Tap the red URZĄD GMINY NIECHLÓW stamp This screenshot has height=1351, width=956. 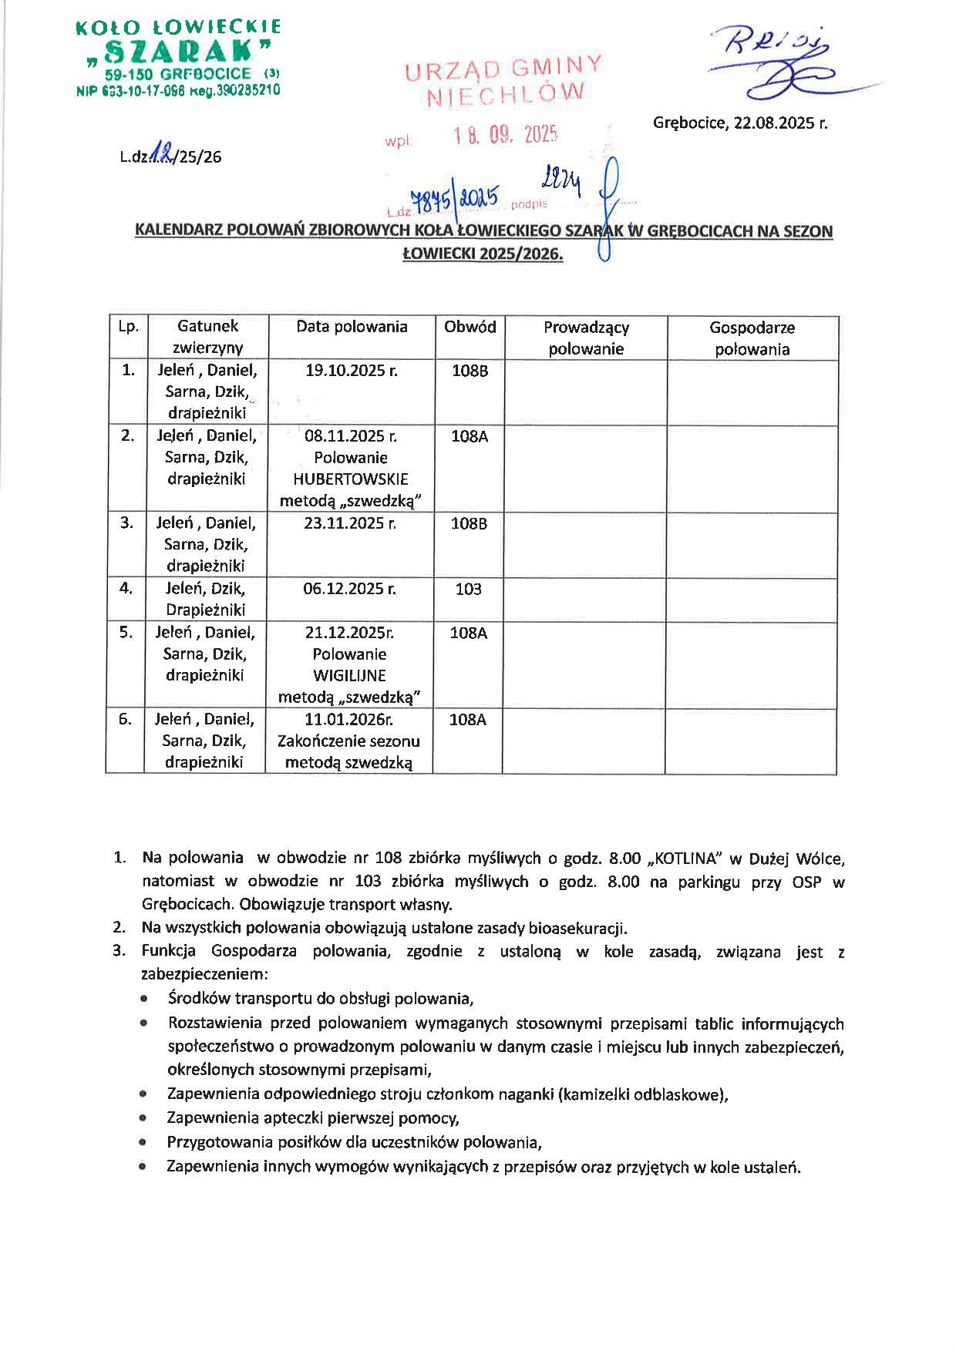point(503,81)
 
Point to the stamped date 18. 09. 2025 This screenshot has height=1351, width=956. point(505,136)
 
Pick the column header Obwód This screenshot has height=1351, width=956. point(470,327)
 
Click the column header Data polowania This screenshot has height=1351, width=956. point(352,327)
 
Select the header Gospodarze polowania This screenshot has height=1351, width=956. point(752,338)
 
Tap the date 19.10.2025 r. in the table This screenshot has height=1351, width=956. point(352,371)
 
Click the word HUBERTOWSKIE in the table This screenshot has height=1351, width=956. point(351,479)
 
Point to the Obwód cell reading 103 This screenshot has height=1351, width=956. point(468,590)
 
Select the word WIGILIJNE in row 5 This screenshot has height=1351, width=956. point(349,676)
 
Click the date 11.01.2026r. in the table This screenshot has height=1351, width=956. point(348,720)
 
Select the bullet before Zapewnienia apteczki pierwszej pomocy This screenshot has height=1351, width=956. point(143,1118)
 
